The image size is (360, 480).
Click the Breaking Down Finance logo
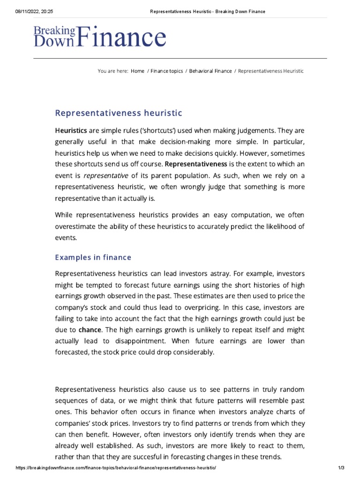click(x=99, y=37)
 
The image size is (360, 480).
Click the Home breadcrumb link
click(x=138, y=71)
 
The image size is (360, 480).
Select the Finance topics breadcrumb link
click(x=166, y=71)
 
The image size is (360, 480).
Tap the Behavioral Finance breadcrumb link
click(x=210, y=71)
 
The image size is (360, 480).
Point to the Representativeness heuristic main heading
click(x=118, y=113)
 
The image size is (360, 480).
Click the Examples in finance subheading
click(x=93, y=257)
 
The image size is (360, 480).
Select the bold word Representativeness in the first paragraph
click(x=196, y=164)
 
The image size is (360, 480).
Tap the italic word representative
click(x=106, y=175)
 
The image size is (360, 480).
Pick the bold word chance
click(x=90, y=330)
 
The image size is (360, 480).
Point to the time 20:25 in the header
click(x=55, y=11)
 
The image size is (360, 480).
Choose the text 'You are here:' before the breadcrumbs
click(x=112, y=71)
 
